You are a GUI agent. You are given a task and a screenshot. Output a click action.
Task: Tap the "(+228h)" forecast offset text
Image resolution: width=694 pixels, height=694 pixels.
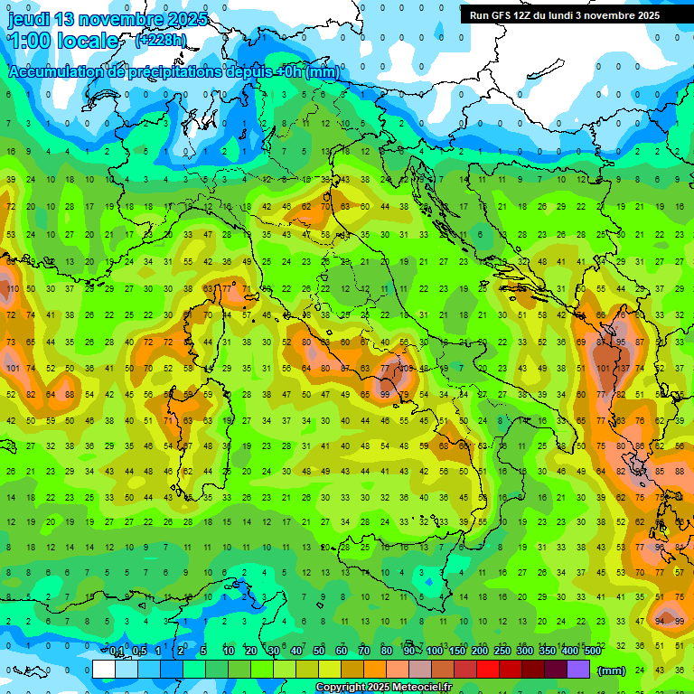coord(161,40)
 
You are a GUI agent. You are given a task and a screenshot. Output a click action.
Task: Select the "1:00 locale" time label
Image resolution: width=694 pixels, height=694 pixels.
coord(63,41)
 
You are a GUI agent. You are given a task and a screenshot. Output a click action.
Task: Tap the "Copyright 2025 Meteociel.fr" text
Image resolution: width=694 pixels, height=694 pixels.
coord(383,688)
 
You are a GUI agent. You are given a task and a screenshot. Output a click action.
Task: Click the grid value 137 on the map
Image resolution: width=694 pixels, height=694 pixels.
coord(623,369)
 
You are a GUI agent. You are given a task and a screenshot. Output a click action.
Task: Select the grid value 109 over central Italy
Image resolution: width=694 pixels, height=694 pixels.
coord(407,369)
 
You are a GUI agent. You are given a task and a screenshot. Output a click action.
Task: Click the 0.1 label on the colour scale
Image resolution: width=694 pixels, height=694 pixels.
coord(117,652)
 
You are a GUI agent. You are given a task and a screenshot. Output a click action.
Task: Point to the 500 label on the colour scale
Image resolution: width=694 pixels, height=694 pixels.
coord(593,652)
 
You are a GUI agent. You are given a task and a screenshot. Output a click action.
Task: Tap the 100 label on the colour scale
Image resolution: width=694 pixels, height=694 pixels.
coord(435,652)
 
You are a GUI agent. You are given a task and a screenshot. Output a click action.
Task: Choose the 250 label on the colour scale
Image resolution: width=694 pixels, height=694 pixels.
coord(502,652)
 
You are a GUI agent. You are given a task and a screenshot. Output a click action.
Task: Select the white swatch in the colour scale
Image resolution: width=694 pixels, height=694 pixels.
coord(104,669)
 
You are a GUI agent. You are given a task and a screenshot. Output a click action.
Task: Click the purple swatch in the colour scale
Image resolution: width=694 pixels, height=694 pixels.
coord(578,669)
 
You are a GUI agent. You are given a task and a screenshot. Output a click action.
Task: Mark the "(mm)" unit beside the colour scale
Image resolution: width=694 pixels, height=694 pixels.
coord(612,670)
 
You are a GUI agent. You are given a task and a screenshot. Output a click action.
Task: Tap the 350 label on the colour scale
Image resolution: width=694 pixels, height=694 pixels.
coord(548,652)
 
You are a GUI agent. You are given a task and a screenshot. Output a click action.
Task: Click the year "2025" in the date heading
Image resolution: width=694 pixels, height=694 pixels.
coord(186,19)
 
